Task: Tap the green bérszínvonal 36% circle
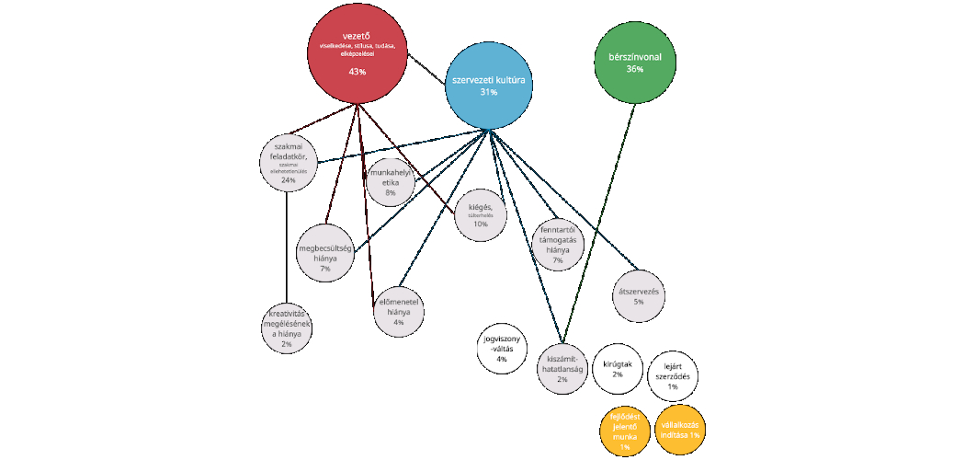[x=634, y=62]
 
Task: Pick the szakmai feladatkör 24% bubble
[x=289, y=163]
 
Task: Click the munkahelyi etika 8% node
[x=390, y=183]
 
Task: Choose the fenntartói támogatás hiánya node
[x=558, y=245]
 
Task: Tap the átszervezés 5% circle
[x=639, y=295]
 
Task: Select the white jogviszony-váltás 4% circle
[x=502, y=351]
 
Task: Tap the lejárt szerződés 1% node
[x=673, y=375]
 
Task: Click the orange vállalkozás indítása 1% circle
[x=681, y=428]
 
